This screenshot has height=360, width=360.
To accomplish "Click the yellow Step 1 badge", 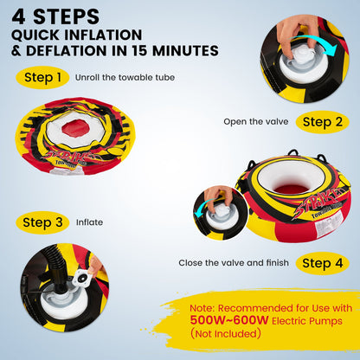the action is [x=42, y=77].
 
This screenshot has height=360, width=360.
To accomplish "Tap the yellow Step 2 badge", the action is [x=323, y=122].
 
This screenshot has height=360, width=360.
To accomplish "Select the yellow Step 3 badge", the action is [x=42, y=222].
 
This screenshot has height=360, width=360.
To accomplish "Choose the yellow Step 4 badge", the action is [x=323, y=263].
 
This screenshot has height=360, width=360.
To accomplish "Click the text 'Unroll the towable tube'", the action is [x=125, y=78].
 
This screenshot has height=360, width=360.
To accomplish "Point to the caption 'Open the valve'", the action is [x=256, y=122].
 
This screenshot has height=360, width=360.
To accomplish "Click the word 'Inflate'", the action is [x=89, y=222].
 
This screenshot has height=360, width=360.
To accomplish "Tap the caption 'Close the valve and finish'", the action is [x=234, y=263].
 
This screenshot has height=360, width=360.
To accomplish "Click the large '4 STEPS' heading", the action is [x=55, y=17].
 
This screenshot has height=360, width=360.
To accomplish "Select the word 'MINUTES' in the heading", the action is [x=185, y=51].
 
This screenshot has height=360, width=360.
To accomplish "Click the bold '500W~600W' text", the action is [x=229, y=320].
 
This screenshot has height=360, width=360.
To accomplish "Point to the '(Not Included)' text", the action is [x=226, y=334].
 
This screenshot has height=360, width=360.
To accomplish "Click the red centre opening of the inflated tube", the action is [x=292, y=189].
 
